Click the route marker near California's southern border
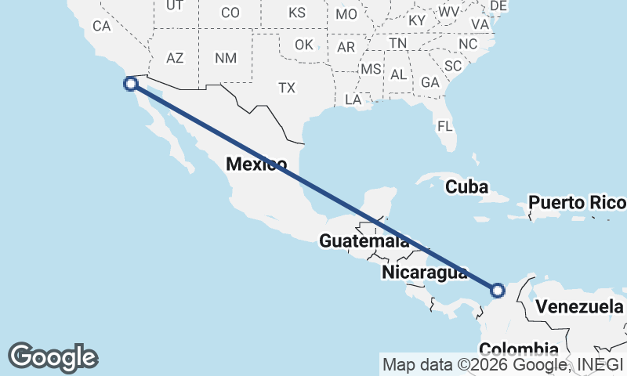pos(131,83)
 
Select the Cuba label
pos(466,187)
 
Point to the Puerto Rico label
pos(577,203)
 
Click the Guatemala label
pos(364,241)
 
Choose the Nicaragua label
pos(425,273)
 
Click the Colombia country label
pos(518,349)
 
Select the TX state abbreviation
pos(287,89)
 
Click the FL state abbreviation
pos(445,125)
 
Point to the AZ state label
pos(175,58)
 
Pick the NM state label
pos(226,58)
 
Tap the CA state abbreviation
pos(102,26)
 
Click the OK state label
pos(304,45)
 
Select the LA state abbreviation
pos(353,99)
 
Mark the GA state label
pos(429,82)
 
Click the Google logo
pos(53,357)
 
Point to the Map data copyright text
pos(502,364)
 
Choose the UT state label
pos(175,5)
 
